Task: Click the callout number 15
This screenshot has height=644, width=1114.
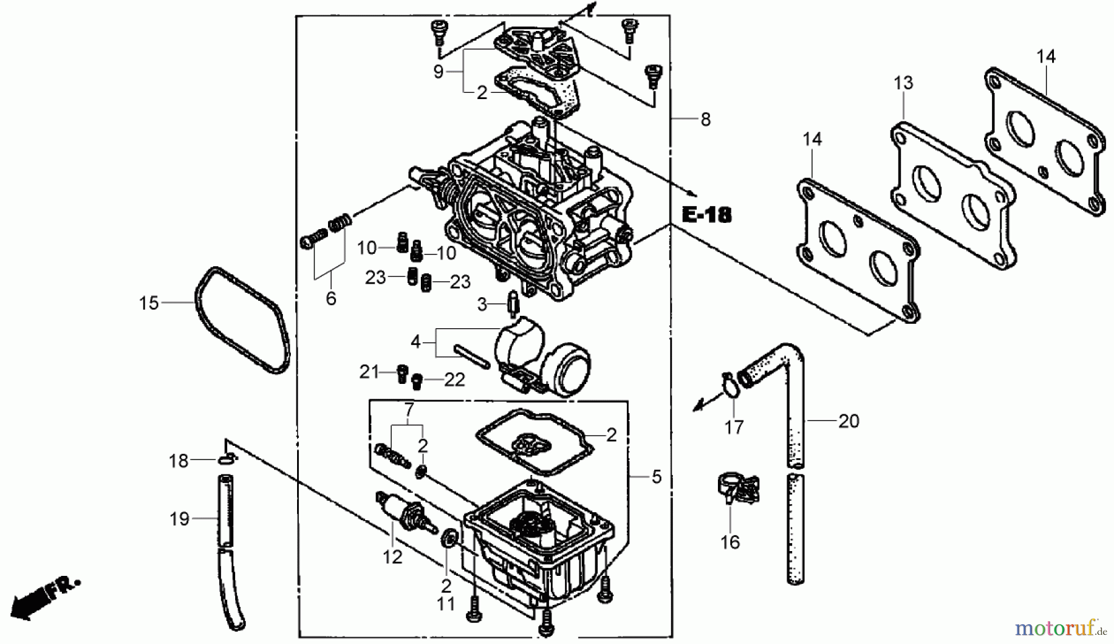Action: [149, 303]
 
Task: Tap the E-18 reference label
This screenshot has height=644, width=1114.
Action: [706, 215]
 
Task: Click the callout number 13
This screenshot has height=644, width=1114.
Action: [903, 83]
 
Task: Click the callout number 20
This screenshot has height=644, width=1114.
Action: [848, 422]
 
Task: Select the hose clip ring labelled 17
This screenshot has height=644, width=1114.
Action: [732, 388]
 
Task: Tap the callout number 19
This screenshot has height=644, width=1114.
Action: [179, 519]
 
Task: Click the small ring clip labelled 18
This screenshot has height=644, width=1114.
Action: [227, 459]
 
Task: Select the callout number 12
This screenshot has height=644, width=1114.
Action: [392, 557]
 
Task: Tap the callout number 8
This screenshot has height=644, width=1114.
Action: [706, 120]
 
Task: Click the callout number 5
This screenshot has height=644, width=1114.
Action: [656, 477]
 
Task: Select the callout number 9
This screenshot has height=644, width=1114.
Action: [438, 72]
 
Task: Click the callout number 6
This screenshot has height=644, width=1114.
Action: [331, 299]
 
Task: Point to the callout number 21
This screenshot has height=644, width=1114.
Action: [369, 372]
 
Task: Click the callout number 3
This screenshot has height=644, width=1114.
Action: [482, 304]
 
